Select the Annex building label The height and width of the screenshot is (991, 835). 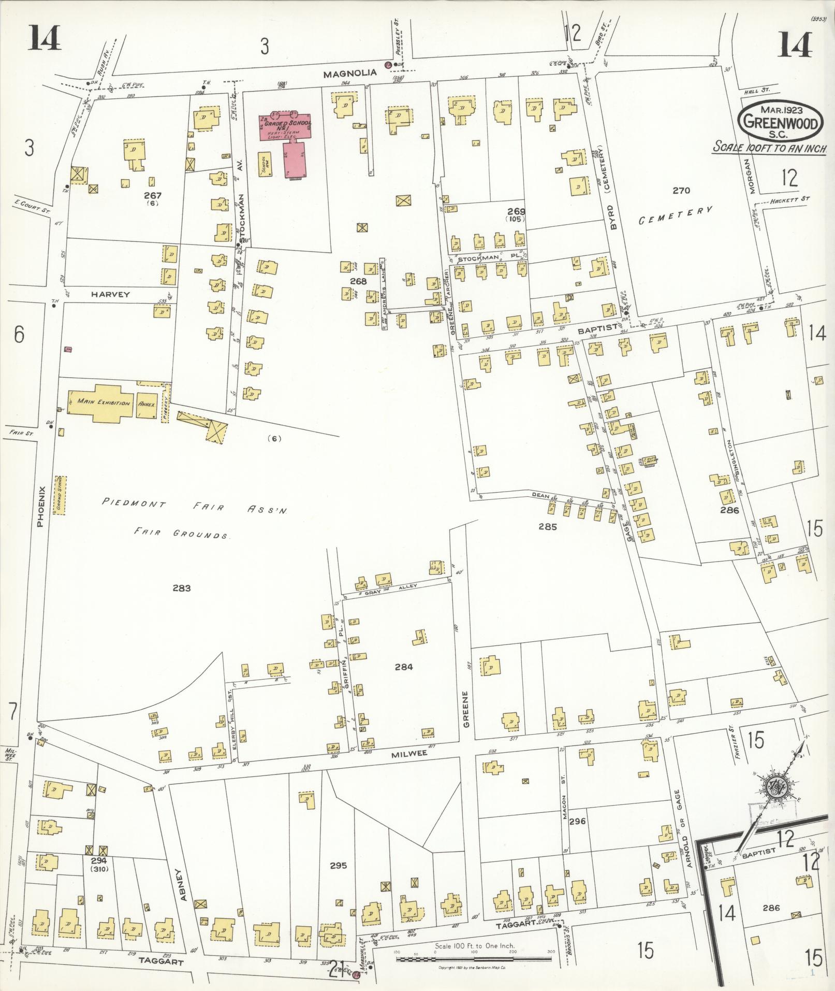(147, 403)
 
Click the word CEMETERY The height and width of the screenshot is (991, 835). (675, 215)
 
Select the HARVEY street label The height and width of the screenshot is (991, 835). (110, 294)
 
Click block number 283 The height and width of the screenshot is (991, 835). (182, 588)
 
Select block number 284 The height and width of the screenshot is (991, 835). (403, 667)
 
